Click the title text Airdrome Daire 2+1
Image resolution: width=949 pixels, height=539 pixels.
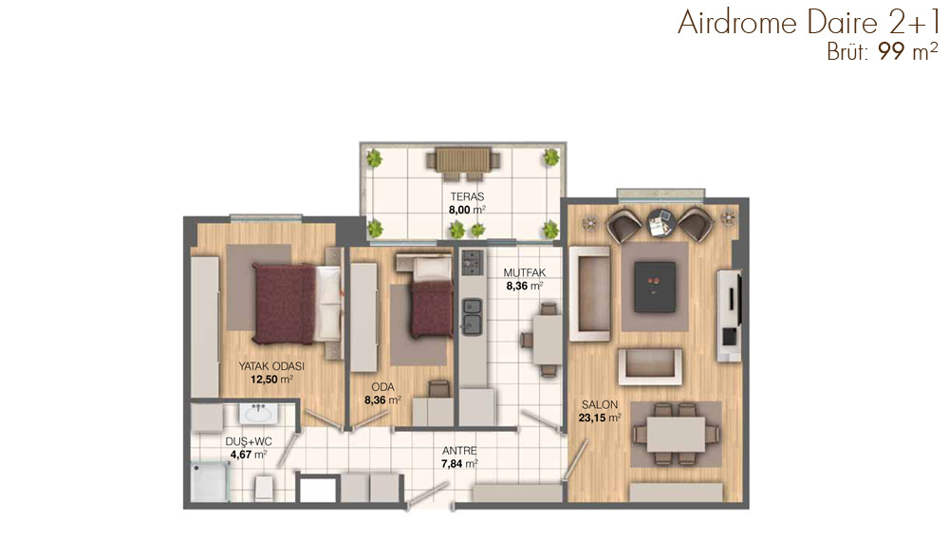808,23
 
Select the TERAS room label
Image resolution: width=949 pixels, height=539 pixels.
467,196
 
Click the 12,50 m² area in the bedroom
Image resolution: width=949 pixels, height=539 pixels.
271,380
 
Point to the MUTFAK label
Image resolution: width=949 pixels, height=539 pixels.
525,273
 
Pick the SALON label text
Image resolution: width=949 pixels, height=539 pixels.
600,404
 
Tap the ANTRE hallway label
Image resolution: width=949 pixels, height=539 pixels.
459,451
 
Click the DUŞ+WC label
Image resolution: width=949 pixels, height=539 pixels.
248,441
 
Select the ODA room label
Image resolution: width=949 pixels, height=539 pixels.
382,387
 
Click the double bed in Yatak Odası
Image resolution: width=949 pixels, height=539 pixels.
296,304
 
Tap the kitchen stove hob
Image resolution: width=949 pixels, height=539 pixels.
473,263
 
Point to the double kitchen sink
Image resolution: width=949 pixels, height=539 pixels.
472,316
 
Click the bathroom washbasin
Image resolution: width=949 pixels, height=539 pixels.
258,413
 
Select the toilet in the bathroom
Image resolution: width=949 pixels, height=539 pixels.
264,488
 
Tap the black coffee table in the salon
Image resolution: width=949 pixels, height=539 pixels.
655,287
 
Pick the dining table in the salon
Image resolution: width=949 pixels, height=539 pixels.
676,434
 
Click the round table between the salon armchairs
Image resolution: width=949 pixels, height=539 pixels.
661,224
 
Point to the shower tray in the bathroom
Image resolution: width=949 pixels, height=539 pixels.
210,482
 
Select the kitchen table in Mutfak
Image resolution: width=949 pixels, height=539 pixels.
549,340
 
